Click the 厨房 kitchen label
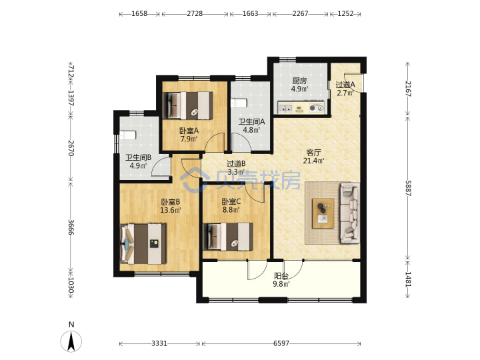[x=299, y=81]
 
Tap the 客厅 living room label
[x=313, y=153]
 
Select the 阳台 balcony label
[x=281, y=276]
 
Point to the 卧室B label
[x=171, y=202]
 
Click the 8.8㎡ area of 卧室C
[x=231, y=210]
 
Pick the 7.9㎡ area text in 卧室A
[x=189, y=139]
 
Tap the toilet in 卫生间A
[x=239, y=103]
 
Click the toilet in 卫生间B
[x=127, y=135]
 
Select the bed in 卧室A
[x=188, y=105]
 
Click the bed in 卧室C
[x=228, y=237]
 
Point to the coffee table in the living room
[x=323, y=213]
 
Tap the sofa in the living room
[x=349, y=213]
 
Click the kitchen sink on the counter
[x=285, y=108]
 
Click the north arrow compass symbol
[x=71, y=341]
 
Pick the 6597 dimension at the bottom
[x=281, y=343]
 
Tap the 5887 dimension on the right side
[x=408, y=188]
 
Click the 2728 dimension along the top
[x=195, y=14]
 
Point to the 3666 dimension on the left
[x=71, y=227]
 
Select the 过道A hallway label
[x=345, y=85]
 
